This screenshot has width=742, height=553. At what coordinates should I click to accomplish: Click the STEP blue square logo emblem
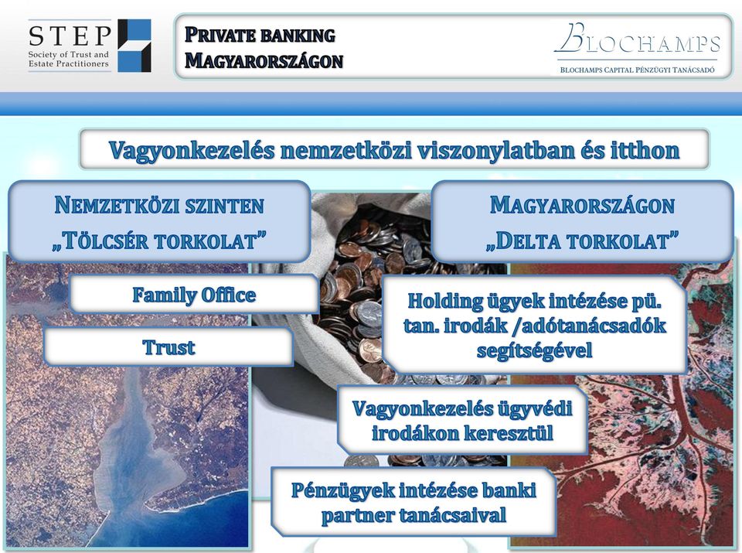134,46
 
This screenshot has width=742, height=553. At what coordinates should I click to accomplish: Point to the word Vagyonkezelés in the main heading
192,150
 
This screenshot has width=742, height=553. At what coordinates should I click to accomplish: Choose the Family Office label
194,295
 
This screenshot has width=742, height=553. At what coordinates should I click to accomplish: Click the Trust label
168,347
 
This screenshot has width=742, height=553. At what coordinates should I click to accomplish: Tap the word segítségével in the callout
534,351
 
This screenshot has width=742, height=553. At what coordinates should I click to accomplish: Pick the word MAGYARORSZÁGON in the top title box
264,61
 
